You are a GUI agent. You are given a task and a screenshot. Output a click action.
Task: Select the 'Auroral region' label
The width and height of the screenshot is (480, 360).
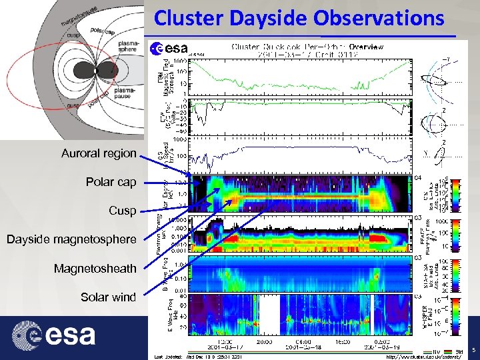click(x=99, y=154)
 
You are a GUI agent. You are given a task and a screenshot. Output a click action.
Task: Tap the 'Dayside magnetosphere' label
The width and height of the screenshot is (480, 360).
click(x=71, y=239)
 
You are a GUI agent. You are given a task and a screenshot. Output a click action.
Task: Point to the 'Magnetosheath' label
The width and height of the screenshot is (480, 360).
click(x=95, y=269)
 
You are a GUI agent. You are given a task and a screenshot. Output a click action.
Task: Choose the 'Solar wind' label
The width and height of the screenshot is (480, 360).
click(x=108, y=297)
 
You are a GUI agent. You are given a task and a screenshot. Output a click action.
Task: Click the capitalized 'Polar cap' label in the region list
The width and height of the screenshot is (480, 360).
click(x=111, y=182)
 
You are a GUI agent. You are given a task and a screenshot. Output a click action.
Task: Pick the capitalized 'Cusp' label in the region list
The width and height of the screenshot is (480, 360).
click(x=123, y=211)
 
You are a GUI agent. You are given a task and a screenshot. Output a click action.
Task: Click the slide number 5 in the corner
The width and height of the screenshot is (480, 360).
click(x=473, y=350)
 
